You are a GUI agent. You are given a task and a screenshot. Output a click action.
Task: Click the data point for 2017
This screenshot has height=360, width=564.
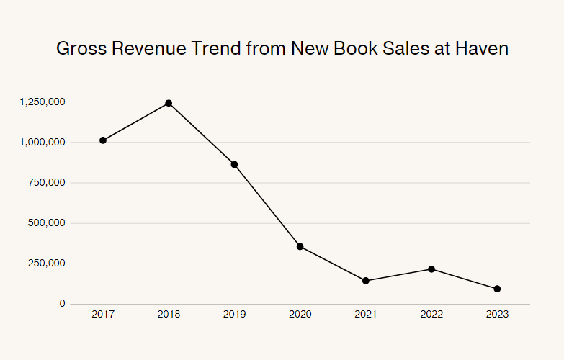103,140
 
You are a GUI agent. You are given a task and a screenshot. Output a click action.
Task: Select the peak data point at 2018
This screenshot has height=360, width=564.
169,103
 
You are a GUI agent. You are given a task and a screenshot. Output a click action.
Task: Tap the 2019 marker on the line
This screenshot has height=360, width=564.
234,164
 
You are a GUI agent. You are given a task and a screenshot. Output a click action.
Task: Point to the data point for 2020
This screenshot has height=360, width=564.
300,246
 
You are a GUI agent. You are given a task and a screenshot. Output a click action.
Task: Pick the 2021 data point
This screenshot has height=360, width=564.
366,281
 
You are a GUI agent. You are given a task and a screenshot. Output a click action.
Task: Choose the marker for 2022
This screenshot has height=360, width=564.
431,269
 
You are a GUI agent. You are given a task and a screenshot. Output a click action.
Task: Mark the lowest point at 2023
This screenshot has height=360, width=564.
497,289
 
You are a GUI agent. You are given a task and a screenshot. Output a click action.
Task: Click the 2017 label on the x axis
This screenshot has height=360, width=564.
103,315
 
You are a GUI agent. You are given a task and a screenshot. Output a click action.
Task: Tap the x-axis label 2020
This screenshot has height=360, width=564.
300,315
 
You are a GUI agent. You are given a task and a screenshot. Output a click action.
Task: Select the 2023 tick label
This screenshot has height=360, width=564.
497,315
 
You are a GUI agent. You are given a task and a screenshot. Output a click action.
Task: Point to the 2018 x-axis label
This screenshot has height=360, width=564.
169,315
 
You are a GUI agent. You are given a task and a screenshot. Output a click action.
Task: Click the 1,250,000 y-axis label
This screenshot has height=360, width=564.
42,102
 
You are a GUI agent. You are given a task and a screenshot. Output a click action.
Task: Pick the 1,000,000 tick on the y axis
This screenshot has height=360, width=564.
42,143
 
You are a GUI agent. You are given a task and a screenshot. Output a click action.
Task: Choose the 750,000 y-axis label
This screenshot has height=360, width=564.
47,183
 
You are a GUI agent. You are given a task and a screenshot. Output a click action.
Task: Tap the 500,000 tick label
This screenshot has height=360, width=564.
47,223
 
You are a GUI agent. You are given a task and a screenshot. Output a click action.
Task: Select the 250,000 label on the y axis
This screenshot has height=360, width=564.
47,264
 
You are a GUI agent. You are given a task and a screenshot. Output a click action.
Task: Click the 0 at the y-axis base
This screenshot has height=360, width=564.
63,304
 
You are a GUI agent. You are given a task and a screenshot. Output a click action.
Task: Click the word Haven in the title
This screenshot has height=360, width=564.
482,48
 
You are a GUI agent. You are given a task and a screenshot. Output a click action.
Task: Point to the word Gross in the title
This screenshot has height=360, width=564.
81,48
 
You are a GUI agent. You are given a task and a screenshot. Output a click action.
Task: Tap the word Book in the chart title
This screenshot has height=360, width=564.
356,48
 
